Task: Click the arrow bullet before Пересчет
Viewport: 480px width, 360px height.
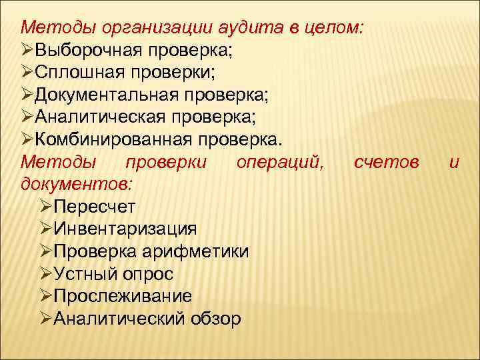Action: pos(45,206)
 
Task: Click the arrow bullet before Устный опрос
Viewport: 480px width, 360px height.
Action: pos(45,273)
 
